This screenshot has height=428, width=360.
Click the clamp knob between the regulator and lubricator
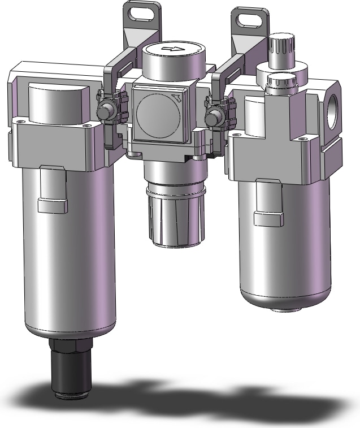[x=214, y=119]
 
